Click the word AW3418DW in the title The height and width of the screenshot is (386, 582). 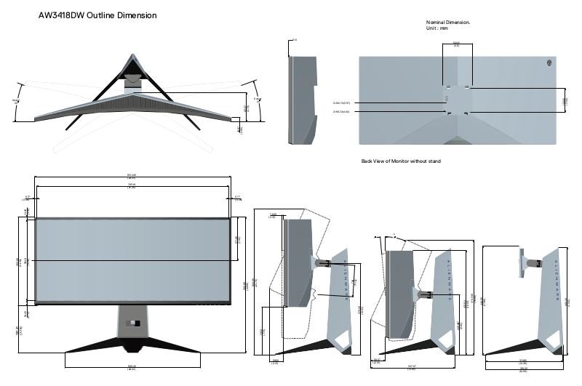61,15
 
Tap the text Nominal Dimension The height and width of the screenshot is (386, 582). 448,23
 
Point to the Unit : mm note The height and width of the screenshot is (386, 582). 437,28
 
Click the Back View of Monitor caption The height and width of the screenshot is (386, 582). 401,161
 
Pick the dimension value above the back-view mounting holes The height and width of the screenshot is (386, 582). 456,44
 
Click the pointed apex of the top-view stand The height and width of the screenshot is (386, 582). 131,56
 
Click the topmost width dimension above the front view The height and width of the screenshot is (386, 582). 132,174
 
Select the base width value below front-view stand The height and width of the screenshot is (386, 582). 132,366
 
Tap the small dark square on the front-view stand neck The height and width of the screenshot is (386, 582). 132,323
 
